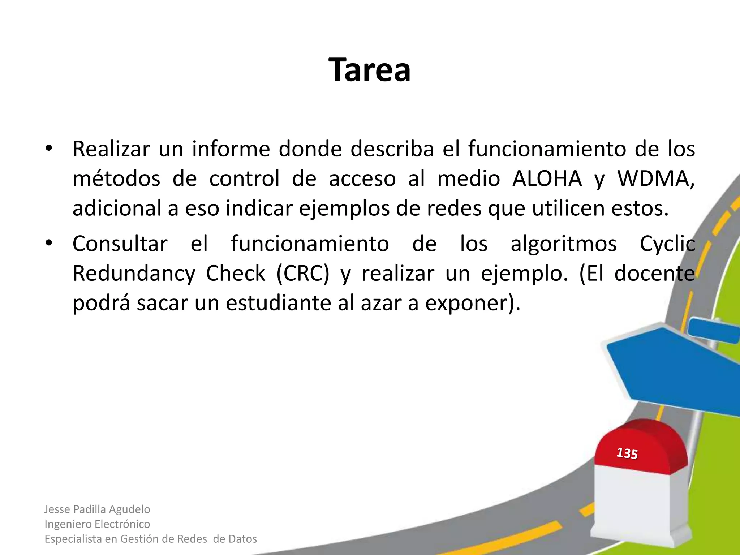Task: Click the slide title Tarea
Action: coord(369,70)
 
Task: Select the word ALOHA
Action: coord(547,178)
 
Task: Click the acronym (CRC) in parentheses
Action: coord(303,274)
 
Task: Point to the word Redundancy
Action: coord(134,274)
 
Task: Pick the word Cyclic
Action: coord(667,244)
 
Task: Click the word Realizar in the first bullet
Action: coord(111,149)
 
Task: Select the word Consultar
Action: coord(120,244)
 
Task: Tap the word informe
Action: coord(231,149)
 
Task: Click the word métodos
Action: coord(116,178)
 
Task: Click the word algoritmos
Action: coord(563,244)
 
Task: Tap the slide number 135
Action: coord(627,453)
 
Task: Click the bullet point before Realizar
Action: coord(49,149)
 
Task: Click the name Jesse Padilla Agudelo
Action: coord(97,509)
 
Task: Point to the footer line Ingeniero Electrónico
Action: coord(97,524)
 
